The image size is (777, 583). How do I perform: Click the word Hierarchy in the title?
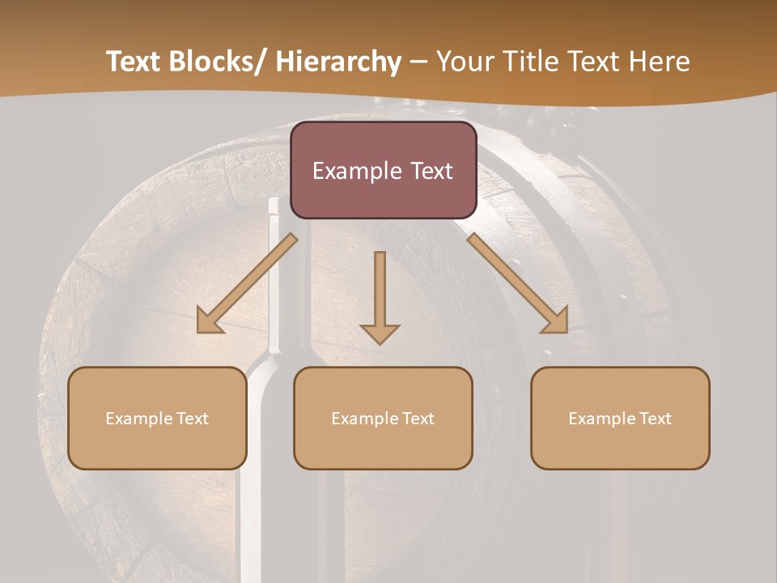click(x=338, y=62)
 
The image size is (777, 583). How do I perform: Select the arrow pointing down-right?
click(x=514, y=279)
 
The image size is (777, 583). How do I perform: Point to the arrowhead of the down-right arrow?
click(x=558, y=322)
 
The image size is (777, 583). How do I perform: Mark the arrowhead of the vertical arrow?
click(x=380, y=332)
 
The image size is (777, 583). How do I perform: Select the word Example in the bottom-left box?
click(x=139, y=419)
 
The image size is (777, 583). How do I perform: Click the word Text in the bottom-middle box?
click(x=417, y=419)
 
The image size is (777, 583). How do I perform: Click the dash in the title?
click(x=418, y=62)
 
